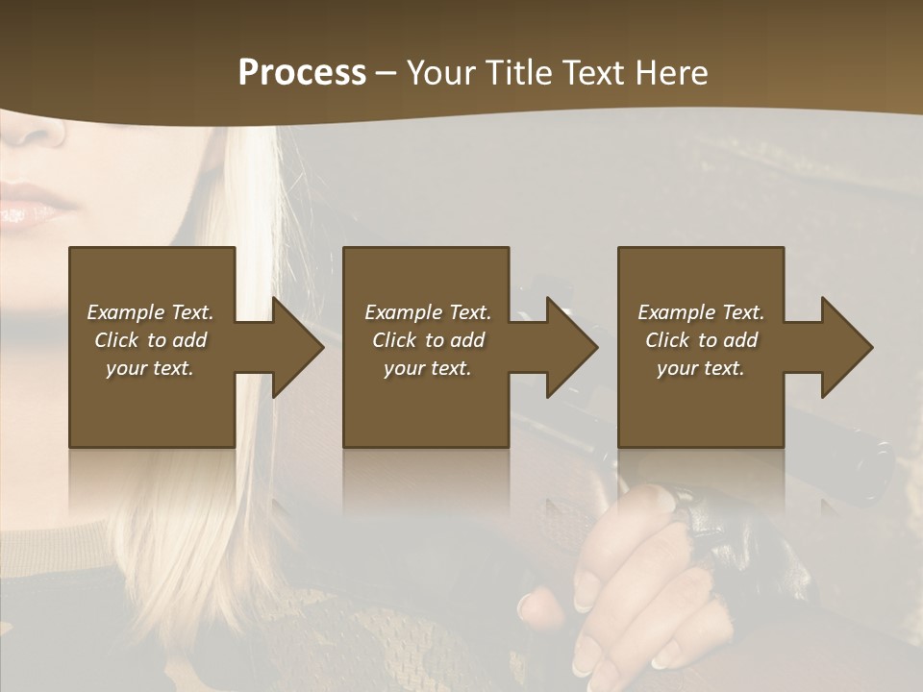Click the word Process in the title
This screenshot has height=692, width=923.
click(x=302, y=72)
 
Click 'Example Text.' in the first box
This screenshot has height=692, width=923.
click(x=150, y=312)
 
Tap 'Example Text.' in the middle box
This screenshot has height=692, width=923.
click(x=428, y=312)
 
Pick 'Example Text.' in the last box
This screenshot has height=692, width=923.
click(x=701, y=312)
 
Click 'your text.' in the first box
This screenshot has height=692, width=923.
click(x=150, y=368)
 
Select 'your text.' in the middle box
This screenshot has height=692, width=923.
click(x=428, y=368)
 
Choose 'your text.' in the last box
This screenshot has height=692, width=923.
click(x=701, y=368)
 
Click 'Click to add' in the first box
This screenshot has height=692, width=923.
click(x=150, y=340)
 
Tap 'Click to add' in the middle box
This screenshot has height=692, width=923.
click(x=428, y=340)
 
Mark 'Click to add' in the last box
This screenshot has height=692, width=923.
click(x=701, y=340)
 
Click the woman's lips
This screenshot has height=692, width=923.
click(x=34, y=204)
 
